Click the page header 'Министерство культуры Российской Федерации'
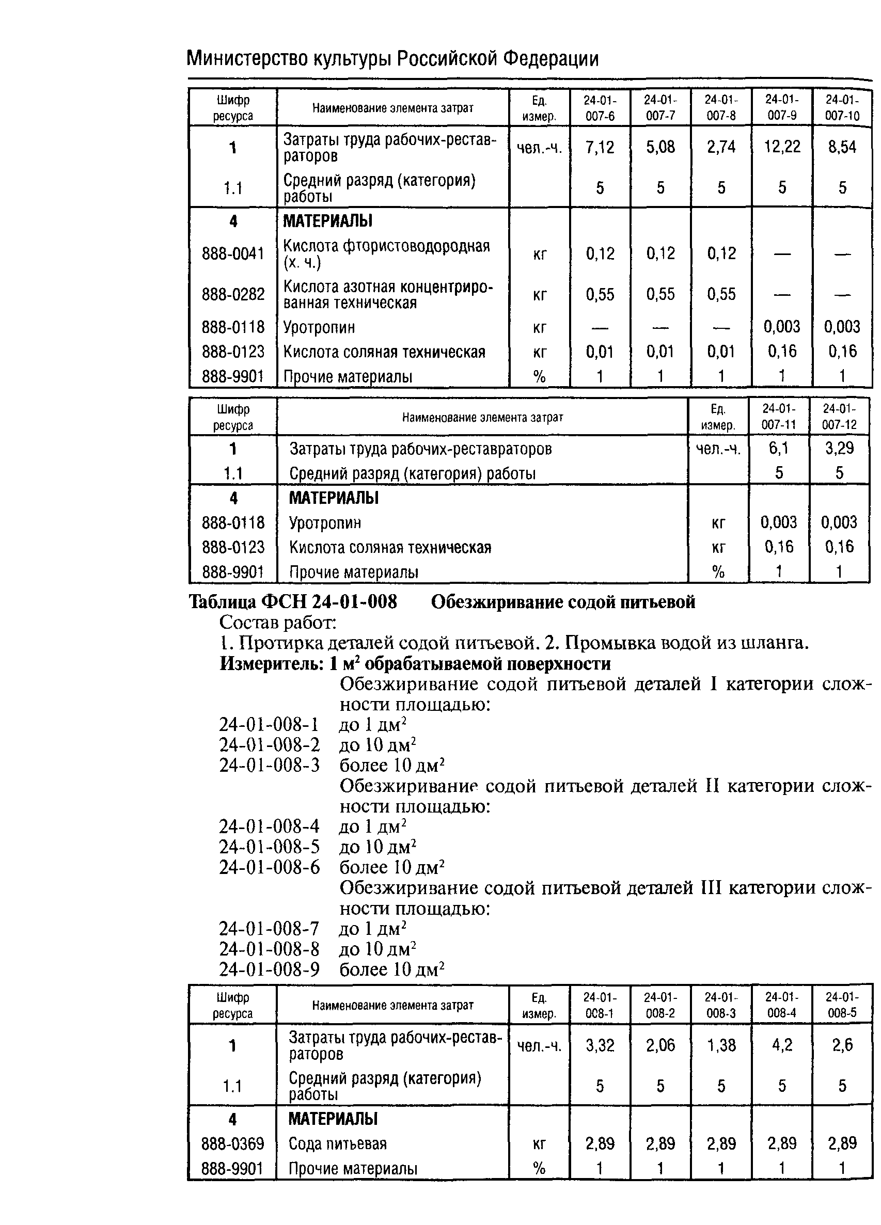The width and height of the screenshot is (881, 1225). pos(392,58)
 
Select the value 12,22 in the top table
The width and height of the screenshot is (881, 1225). pos(782,147)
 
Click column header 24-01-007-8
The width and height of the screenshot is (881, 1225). pos(720,107)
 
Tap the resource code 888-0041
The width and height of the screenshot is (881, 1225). pos(233,253)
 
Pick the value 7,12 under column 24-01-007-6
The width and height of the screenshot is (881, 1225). pos(600,147)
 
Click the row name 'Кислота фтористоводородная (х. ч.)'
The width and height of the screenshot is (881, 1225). pos(386,254)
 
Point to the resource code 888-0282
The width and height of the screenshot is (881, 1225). pos(233,294)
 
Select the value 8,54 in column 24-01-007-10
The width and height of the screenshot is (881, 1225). pos(842,147)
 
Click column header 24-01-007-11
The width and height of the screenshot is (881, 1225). pos(778,417)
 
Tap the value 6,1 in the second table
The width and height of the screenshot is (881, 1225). pos(778,448)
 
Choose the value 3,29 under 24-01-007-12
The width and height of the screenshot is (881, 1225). pos(839,448)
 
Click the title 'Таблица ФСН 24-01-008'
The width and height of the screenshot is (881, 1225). pos(292,601)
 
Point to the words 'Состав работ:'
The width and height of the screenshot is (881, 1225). pos(278,622)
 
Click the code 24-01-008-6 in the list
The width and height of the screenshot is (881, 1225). pos(269,867)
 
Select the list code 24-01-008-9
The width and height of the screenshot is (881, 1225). pos(269,969)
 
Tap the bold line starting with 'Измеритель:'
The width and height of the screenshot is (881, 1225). pos(415,663)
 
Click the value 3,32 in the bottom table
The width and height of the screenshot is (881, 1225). pos(600,1045)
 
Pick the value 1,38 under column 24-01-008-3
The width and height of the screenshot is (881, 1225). pos(720,1045)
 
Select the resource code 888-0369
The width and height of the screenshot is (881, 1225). pos(232,1143)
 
